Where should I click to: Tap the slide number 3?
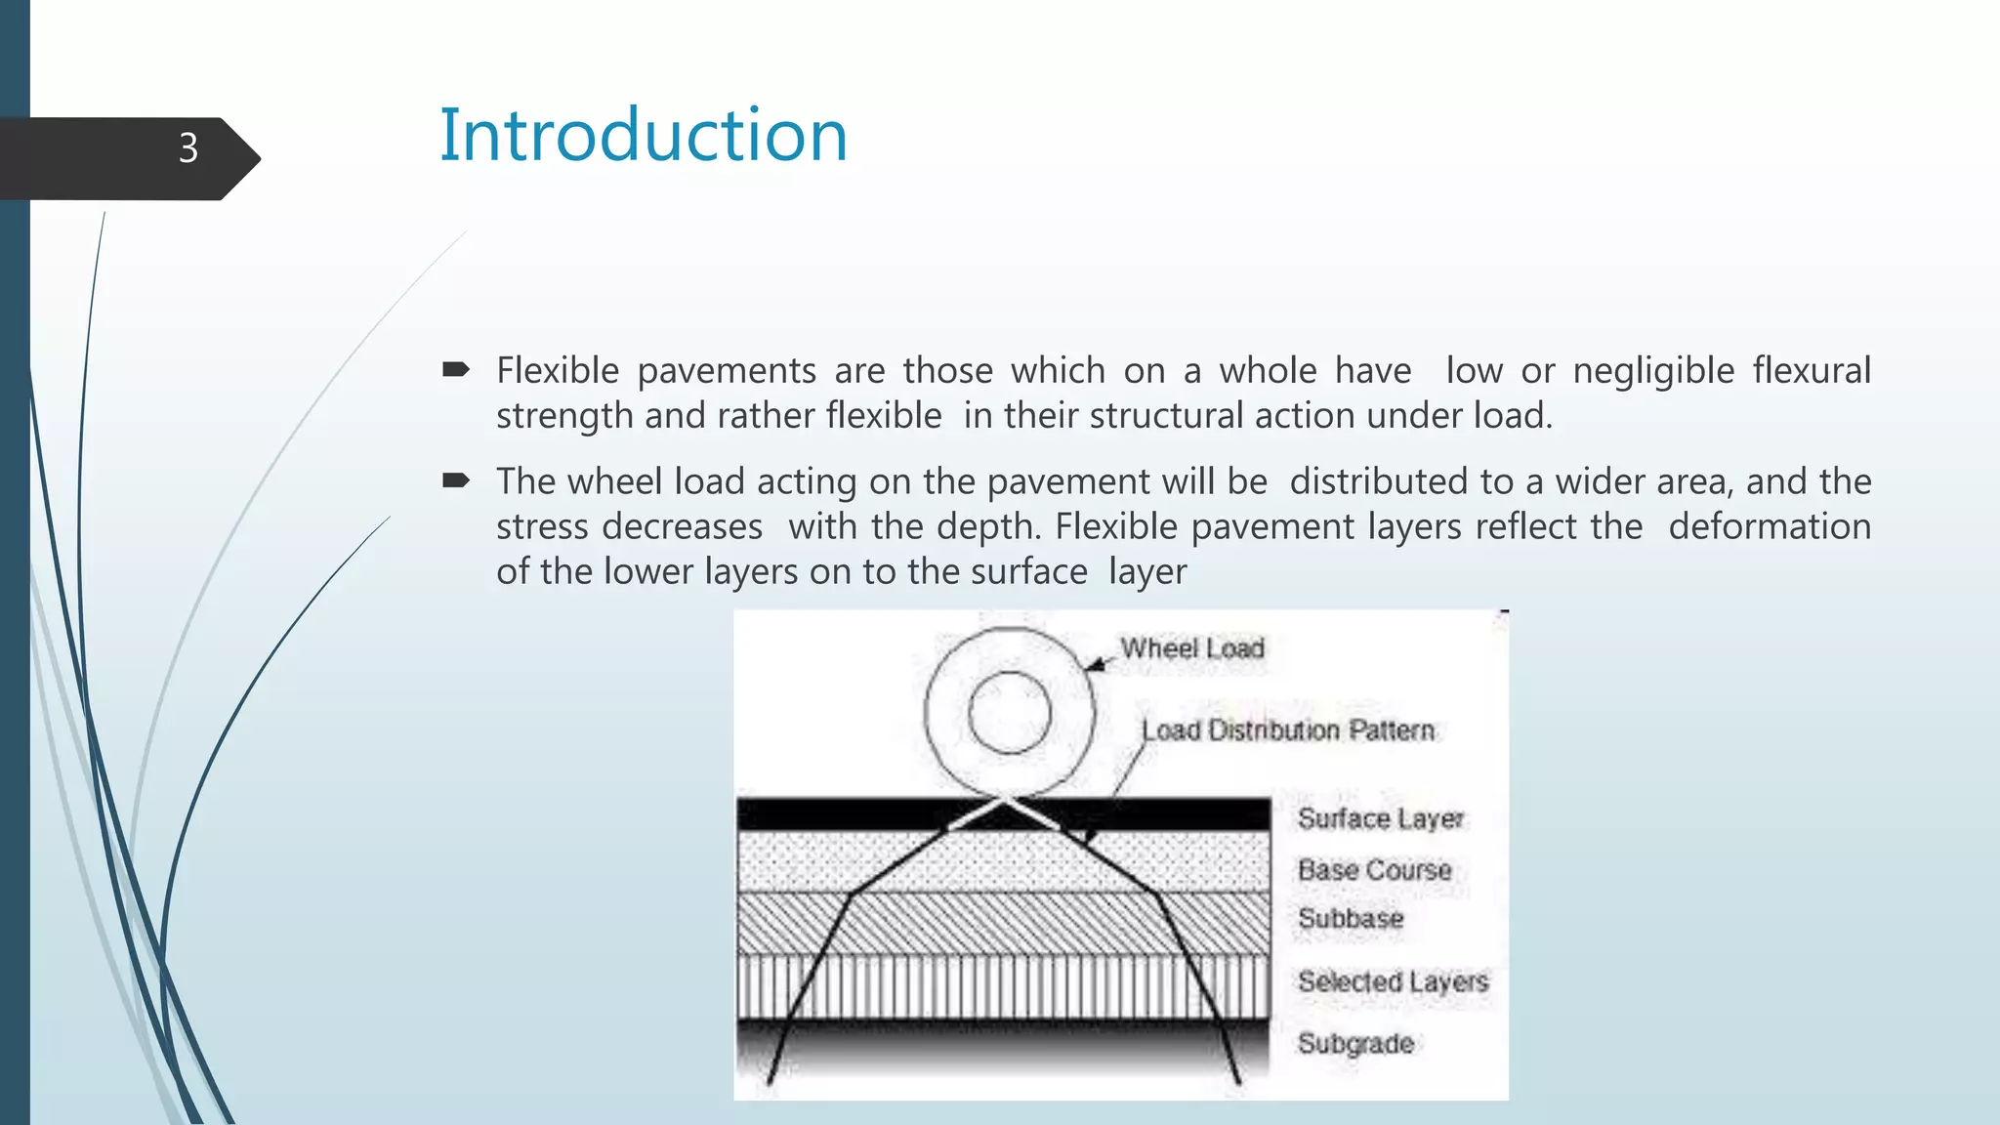click(188, 148)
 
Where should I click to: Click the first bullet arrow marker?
click(456, 369)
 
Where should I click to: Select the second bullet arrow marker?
click(456, 479)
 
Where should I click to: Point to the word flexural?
click(1812, 371)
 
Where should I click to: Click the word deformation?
click(1770, 526)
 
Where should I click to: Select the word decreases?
click(683, 526)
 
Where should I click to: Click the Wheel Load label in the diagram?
click(1192, 648)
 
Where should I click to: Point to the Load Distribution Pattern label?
click(1288, 730)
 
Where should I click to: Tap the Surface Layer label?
click(1380, 818)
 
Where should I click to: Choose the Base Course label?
click(1374, 869)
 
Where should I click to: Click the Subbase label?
click(1351, 918)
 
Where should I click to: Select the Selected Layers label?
click(1393, 980)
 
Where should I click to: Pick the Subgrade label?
click(1355, 1043)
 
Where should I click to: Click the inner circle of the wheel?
click(1009, 712)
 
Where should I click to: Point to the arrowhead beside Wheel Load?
click(1096, 665)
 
